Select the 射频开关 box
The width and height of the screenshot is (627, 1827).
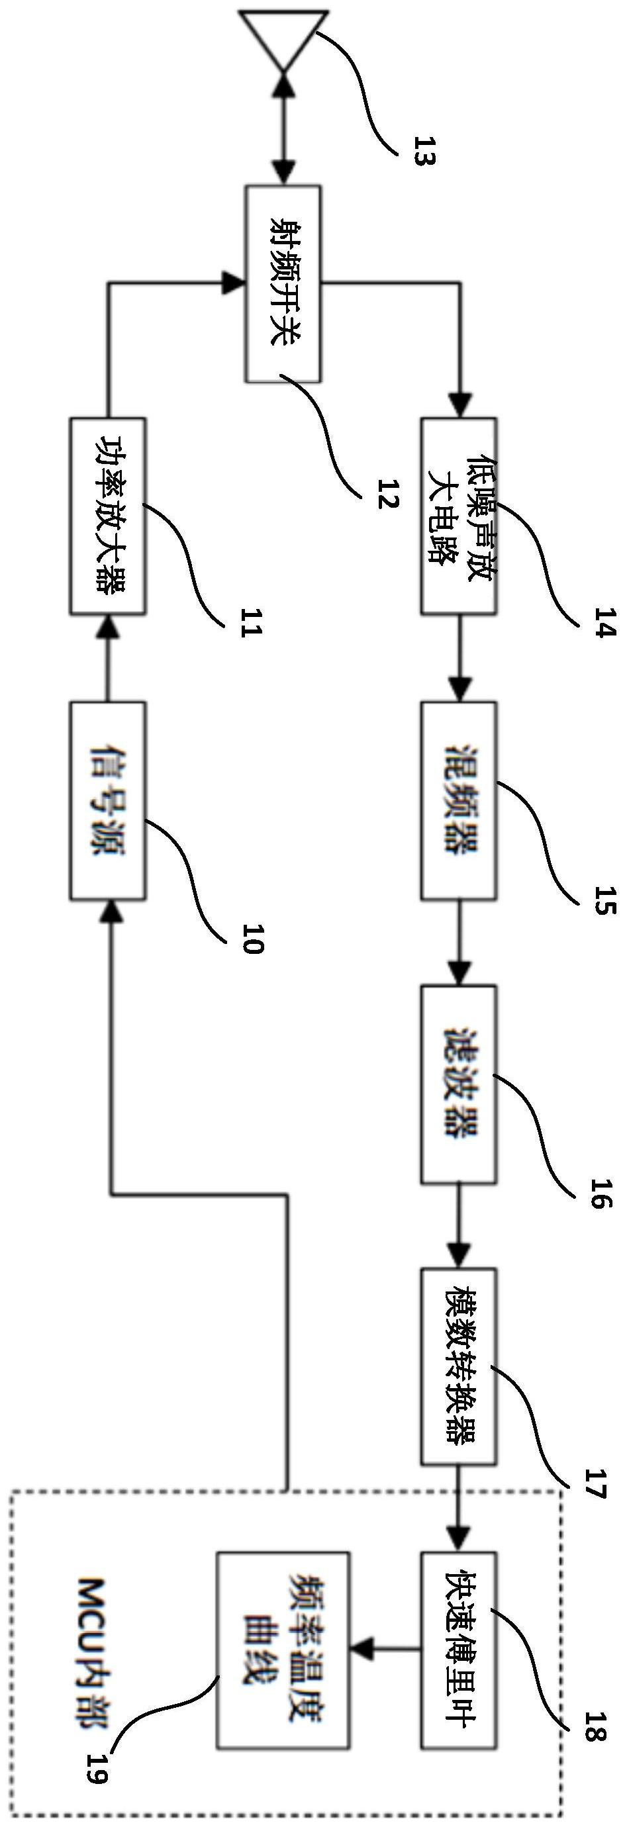click(x=283, y=284)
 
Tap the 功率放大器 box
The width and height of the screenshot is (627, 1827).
click(x=108, y=516)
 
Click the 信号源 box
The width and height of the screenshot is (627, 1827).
click(x=108, y=801)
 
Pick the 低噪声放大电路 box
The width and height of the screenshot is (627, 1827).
click(x=459, y=516)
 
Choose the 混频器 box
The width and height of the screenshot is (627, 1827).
click(x=459, y=801)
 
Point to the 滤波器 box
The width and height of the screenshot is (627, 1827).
click(x=459, y=1084)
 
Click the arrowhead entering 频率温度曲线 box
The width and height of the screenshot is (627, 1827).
click(x=363, y=1650)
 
